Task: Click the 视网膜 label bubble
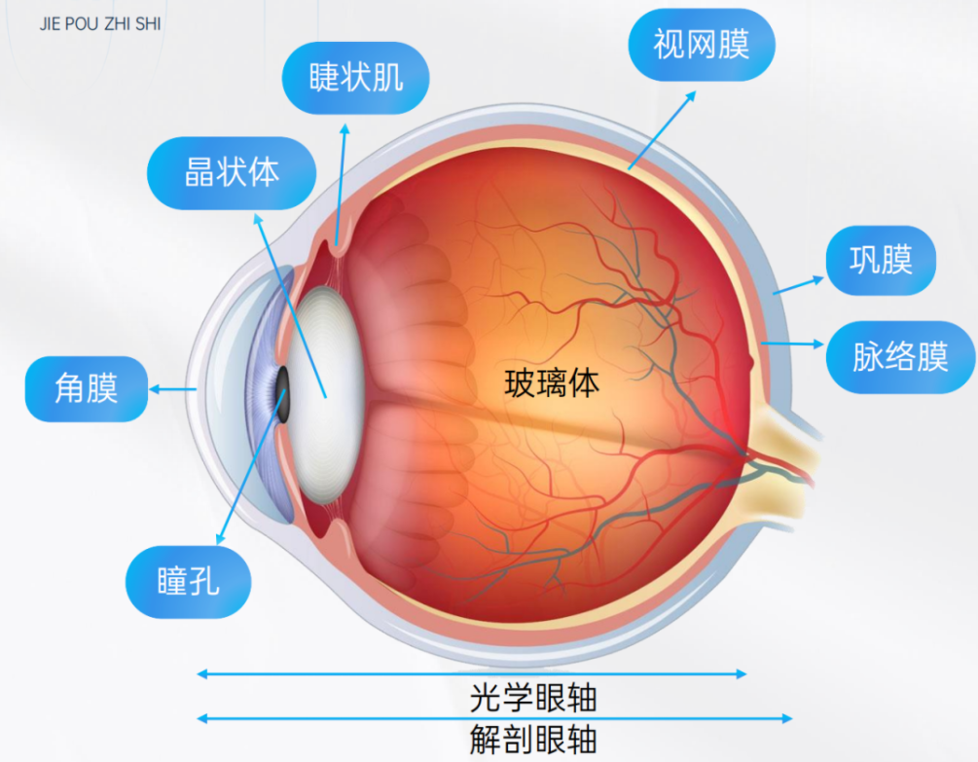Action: click(x=701, y=44)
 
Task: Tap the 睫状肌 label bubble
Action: click(x=355, y=79)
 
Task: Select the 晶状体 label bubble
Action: click(x=232, y=172)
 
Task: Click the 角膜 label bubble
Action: click(x=86, y=389)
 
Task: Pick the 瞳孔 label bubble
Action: click(x=189, y=583)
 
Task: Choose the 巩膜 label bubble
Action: click(x=881, y=261)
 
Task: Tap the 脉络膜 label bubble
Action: click(x=900, y=357)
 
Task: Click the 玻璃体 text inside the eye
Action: click(x=551, y=382)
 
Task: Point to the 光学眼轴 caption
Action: click(x=532, y=698)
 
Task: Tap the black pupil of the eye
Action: click(x=283, y=394)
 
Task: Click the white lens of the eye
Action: click(x=326, y=389)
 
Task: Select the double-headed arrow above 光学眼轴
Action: click(x=472, y=673)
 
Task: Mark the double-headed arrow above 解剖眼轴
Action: click(x=494, y=719)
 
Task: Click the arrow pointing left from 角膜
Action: click(x=173, y=389)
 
